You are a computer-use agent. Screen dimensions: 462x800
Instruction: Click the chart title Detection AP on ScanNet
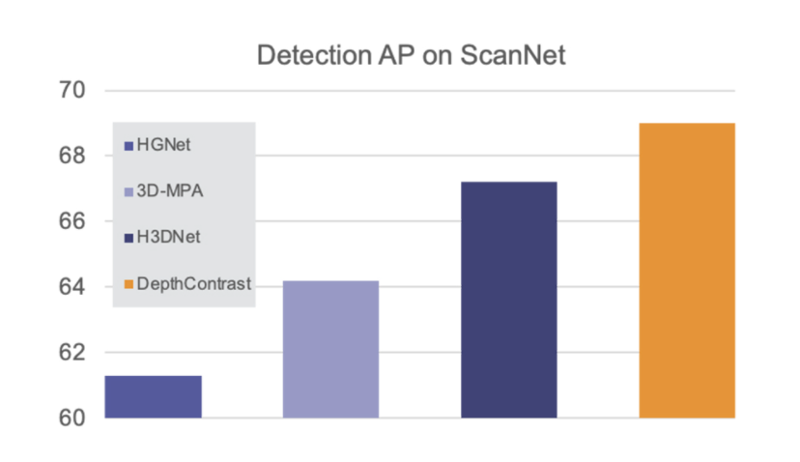(411, 55)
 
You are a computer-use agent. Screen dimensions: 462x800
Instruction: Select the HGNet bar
(154, 396)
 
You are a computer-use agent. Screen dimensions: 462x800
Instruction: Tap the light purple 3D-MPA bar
(330, 349)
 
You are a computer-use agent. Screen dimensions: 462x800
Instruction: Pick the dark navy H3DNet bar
(508, 300)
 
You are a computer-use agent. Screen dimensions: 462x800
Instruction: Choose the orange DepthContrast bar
(687, 271)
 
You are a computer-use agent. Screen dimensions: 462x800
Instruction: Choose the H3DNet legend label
(168, 237)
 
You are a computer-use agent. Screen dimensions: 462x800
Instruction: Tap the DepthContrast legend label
(192, 283)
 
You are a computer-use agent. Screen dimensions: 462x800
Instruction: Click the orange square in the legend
(129, 284)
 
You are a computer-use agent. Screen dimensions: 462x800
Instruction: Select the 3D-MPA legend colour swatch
(129, 192)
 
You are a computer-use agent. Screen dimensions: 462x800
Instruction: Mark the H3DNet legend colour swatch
(129, 238)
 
